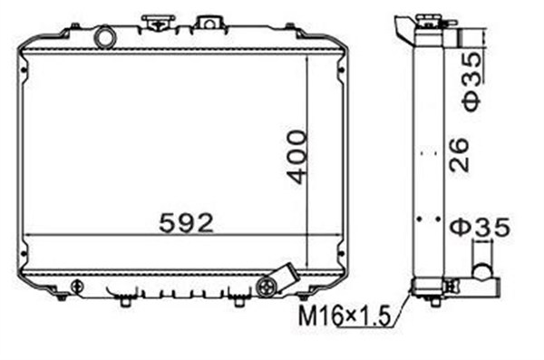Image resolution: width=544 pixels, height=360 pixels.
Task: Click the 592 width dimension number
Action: (186, 223)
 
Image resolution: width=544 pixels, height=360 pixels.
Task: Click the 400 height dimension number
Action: (297, 157)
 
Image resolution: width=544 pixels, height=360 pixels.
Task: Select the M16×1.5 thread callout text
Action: (345, 316)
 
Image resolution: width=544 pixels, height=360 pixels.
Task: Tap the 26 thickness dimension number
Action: (459, 155)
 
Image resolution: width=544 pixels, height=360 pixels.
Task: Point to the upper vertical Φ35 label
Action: (471, 82)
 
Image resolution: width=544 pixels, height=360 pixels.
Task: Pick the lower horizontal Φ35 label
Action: (481, 227)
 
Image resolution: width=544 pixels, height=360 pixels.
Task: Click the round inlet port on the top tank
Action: (105, 37)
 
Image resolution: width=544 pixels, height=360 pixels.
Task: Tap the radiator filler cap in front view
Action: (158, 21)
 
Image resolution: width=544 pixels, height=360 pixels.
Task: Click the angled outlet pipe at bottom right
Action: (284, 277)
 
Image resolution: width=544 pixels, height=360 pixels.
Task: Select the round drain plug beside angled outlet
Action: (266, 287)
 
